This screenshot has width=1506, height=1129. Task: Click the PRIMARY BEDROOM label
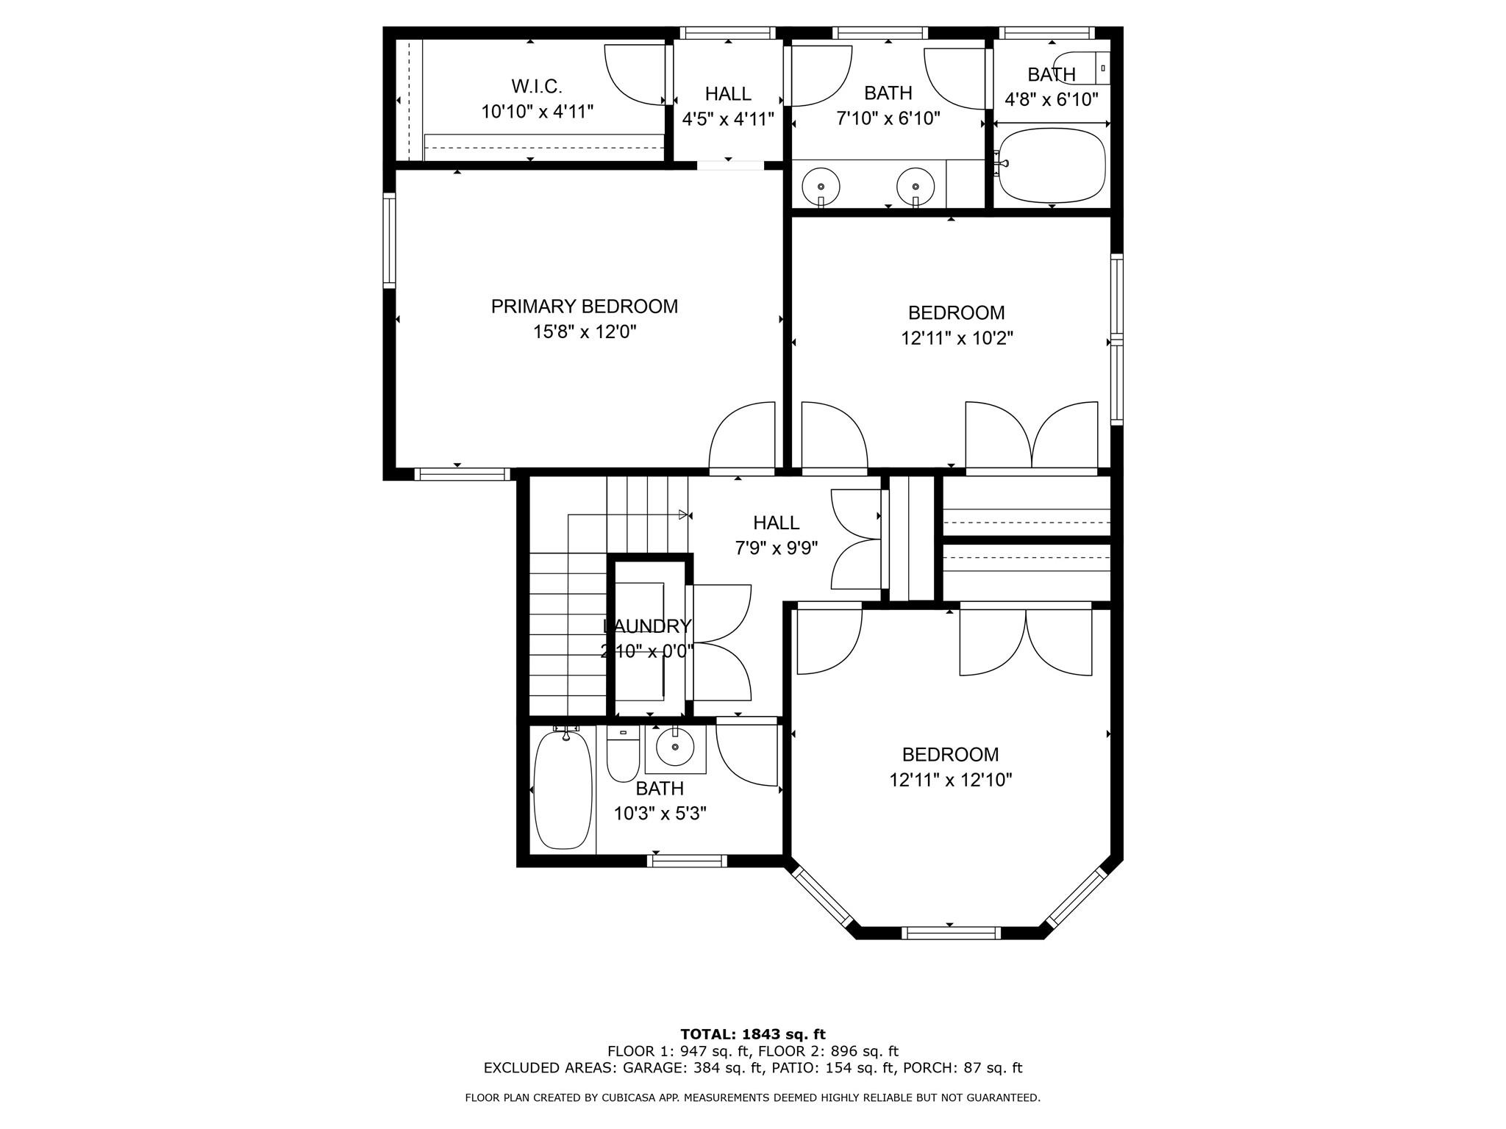pyautogui.click(x=584, y=307)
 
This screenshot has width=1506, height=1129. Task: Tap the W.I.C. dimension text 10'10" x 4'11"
pyautogui.click(x=537, y=112)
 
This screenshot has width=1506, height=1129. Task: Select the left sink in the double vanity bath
pyautogui.click(x=820, y=187)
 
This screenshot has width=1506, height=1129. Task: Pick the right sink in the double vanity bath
pyautogui.click(x=916, y=187)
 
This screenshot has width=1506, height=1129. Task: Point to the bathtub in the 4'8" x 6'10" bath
pyautogui.click(x=1053, y=166)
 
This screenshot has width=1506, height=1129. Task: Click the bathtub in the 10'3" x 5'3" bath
pyautogui.click(x=563, y=789)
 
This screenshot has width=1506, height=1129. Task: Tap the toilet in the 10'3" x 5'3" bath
pyautogui.click(x=623, y=756)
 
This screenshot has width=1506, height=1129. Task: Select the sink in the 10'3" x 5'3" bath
pyautogui.click(x=675, y=749)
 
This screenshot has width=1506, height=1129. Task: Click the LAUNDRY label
pyautogui.click(x=647, y=626)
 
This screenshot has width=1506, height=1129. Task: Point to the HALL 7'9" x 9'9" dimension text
pyautogui.click(x=777, y=548)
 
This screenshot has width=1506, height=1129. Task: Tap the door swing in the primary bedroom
pyautogui.click(x=741, y=435)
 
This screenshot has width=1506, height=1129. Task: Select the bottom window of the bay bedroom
pyautogui.click(x=951, y=933)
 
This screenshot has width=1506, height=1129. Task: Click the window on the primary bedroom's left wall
pyautogui.click(x=389, y=240)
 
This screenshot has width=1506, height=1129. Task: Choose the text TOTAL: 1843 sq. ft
pyautogui.click(x=752, y=1034)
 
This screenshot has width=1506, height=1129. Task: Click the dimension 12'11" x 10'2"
pyautogui.click(x=957, y=338)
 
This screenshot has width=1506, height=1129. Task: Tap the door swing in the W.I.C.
pyautogui.click(x=634, y=74)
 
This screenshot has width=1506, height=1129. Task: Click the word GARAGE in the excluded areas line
pyautogui.click(x=647, y=1068)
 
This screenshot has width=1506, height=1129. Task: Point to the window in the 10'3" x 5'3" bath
pyautogui.click(x=688, y=861)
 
